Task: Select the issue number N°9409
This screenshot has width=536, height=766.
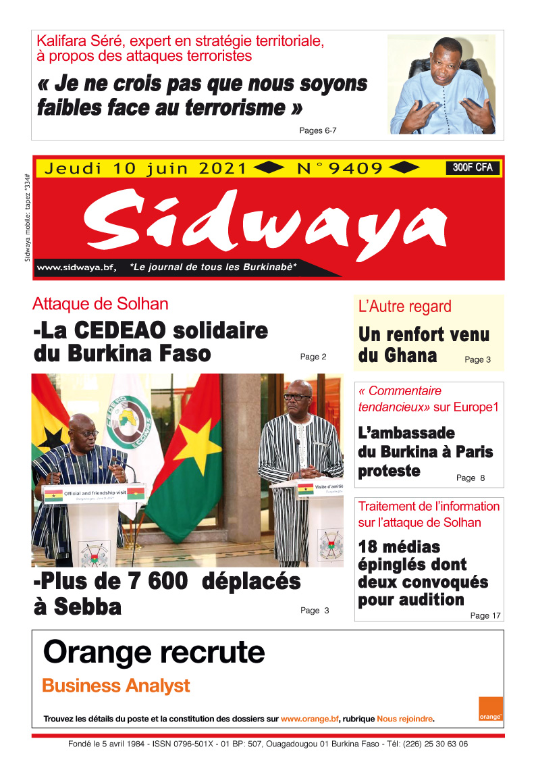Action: tap(340, 168)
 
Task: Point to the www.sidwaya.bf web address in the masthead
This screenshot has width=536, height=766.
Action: tap(75, 267)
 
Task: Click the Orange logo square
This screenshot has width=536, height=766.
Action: tap(491, 709)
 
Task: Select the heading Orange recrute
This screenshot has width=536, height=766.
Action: tap(154, 653)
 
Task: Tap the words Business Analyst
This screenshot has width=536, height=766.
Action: tap(115, 686)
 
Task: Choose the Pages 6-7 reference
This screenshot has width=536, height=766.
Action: tap(318, 131)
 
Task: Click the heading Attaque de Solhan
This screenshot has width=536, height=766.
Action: tap(101, 304)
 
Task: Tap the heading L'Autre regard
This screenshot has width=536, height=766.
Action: tap(404, 307)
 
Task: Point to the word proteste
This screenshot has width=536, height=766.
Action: tap(390, 471)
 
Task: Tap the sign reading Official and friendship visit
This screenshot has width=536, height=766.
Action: tap(95, 494)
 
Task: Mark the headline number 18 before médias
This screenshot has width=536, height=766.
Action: tap(368, 546)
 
